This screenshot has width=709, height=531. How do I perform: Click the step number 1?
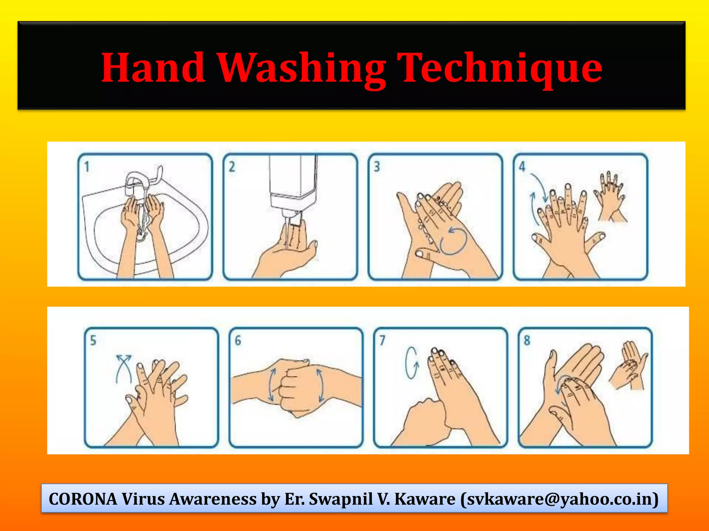tap(87, 167)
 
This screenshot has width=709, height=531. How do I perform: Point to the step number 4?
tap(522, 167)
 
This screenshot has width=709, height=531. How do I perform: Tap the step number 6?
tap(238, 341)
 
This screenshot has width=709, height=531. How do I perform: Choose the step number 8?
tap(527, 341)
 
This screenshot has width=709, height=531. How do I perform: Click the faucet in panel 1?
tap(138, 181)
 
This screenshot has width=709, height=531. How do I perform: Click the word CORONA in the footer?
tap(83, 499)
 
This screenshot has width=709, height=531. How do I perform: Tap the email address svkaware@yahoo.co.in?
tap(559, 499)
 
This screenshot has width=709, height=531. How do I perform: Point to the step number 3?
tap(377, 167)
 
